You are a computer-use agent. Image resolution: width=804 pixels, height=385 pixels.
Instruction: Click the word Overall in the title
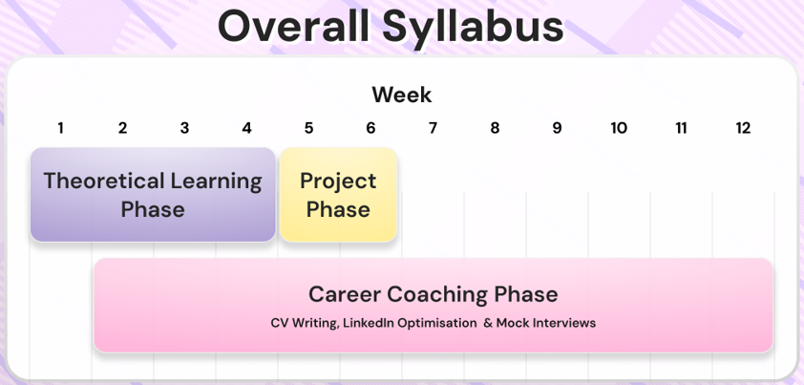[x=293, y=27]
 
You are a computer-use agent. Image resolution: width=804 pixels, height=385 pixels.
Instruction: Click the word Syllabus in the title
[x=473, y=30]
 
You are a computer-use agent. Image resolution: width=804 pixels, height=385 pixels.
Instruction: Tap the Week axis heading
[x=401, y=95]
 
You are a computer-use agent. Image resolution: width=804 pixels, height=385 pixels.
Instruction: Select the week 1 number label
[x=60, y=128]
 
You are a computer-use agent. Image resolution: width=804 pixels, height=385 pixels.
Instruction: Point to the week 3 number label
[x=184, y=128]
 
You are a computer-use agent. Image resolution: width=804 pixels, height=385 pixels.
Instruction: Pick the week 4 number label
[x=246, y=128]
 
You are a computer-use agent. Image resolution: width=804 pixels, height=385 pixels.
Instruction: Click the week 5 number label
[x=308, y=128]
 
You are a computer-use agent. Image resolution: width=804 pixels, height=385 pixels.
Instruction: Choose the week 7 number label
[x=433, y=128]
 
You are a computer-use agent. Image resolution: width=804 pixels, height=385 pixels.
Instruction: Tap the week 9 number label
[x=557, y=128]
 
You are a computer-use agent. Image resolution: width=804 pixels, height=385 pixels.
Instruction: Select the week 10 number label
[x=619, y=128]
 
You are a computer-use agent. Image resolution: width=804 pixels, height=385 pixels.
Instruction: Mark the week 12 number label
[x=743, y=128]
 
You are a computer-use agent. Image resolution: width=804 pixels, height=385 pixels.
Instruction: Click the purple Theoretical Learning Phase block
[x=153, y=195]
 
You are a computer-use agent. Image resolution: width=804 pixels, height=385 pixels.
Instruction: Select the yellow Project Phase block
[x=338, y=195]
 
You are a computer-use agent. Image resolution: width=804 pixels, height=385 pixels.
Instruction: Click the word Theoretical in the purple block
[x=104, y=181]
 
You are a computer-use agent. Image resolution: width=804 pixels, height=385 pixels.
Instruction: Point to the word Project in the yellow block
[x=338, y=182]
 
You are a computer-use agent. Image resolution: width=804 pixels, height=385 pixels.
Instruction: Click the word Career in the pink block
[x=345, y=294]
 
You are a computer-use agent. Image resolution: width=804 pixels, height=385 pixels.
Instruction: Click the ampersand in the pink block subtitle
[x=488, y=323]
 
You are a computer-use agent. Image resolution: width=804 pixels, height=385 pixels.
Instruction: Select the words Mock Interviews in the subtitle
[x=546, y=323]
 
